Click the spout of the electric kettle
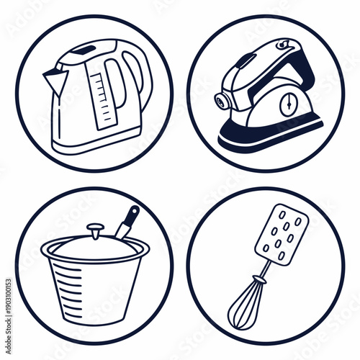click(x=51, y=75)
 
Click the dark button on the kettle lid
click(x=85, y=50)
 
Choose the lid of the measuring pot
click(x=95, y=246)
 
